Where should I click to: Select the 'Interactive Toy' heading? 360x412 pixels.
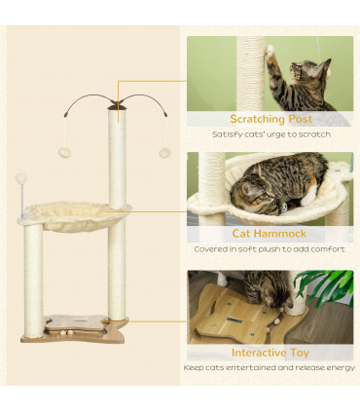pos(270,352)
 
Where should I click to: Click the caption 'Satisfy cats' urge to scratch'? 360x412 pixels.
pos(270,133)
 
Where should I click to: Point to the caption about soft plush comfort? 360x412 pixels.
pos(270,248)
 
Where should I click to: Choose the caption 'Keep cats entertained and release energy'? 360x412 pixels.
pos(270,368)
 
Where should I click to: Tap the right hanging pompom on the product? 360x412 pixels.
pos(164,153)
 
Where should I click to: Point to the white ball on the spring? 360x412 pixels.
pos(20,179)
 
